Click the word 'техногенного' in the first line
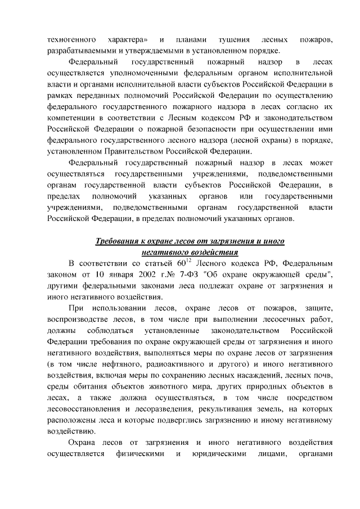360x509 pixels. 70,40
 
